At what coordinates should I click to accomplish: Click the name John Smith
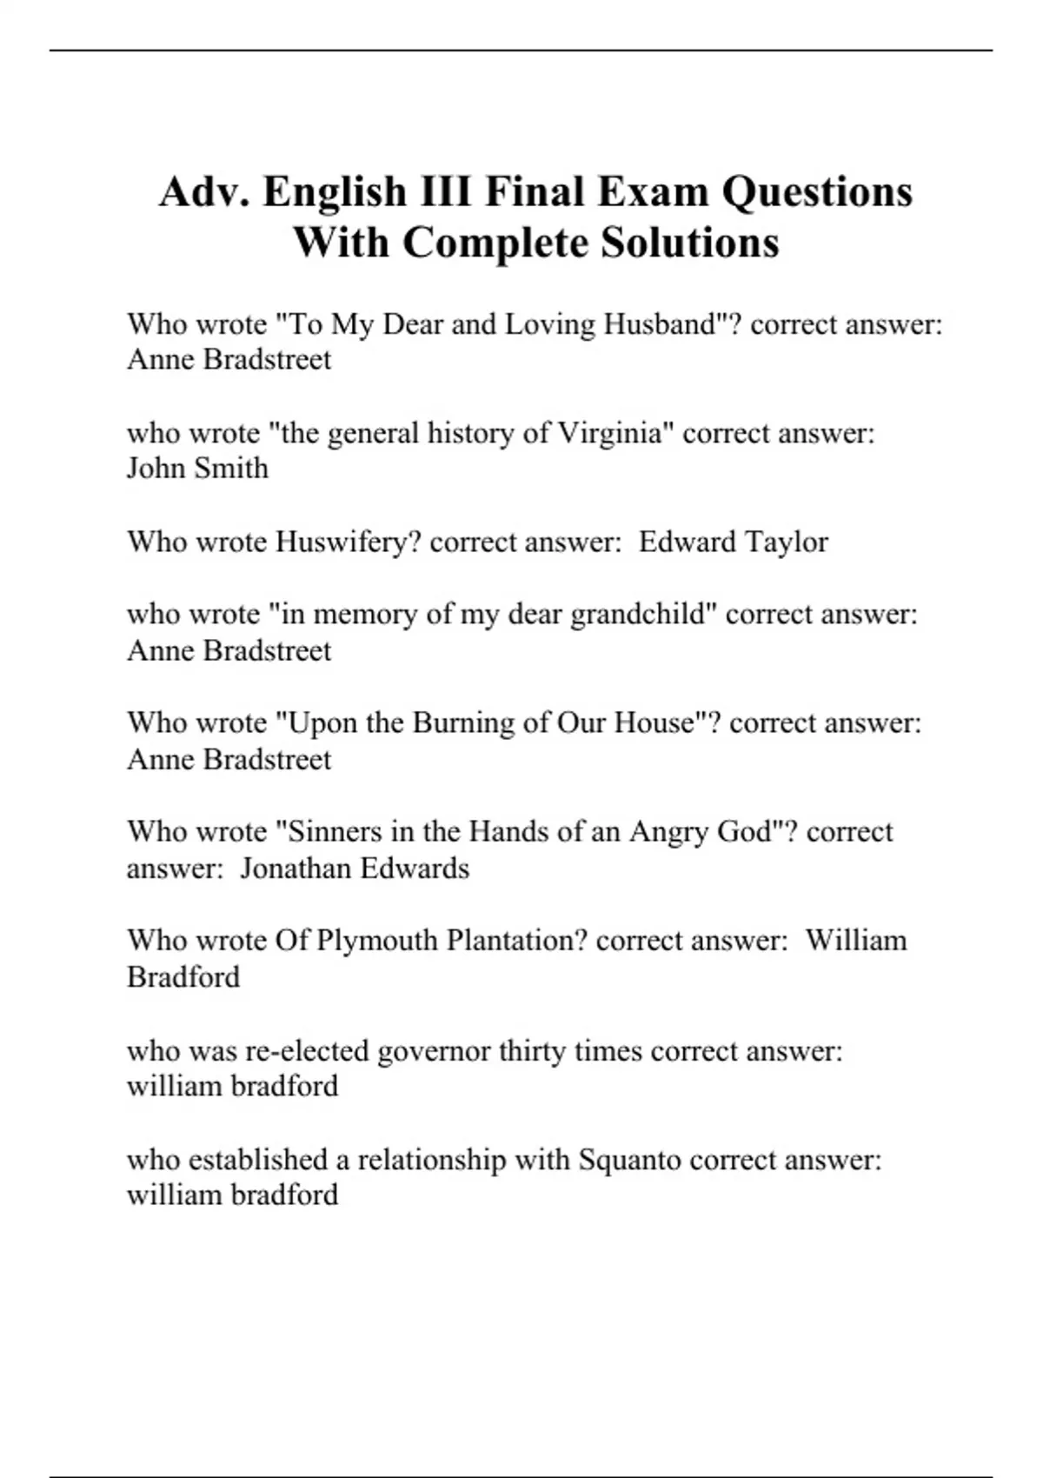point(197,469)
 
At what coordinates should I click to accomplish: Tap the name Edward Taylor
point(733,542)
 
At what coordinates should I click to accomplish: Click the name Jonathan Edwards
point(354,869)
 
